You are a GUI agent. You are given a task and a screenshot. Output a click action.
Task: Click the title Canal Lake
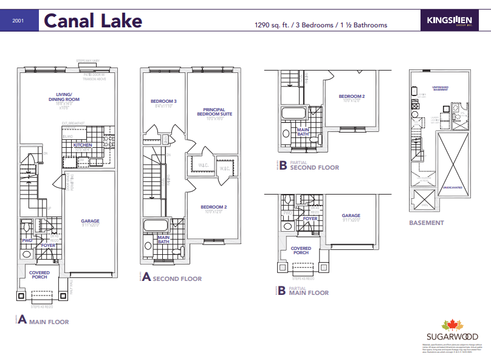pyautogui.click(x=94, y=21)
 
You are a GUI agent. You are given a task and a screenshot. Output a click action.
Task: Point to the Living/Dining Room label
pyautogui.click(x=68, y=97)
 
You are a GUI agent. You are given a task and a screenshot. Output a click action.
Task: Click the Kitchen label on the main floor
pyautogui.click(x=83, y=145)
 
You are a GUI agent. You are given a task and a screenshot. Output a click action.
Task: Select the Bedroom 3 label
pyautogui.click(x=163, y=101)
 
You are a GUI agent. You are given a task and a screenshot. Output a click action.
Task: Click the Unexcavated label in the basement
pyautogui.click(x=453, y=187)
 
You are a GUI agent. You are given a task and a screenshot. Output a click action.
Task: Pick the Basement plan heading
pyautogui.click(x=426, y=223)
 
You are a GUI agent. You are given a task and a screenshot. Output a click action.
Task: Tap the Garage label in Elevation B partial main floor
pyautogui.click(x=351, y=215)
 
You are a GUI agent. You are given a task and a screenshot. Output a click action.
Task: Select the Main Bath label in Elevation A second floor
pyautogui.click(x=163, y=240)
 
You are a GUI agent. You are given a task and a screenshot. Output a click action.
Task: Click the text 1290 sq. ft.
pyautogui.click(x=274, y=26)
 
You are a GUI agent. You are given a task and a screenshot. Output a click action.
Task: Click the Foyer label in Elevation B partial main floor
pyautogui.click(x=310, y=218)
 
